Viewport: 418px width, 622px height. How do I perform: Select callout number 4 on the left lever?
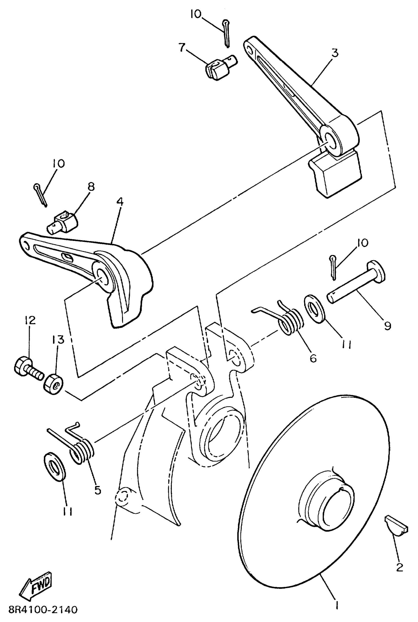[120, 202]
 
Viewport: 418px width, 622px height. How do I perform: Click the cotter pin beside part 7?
[226, 34]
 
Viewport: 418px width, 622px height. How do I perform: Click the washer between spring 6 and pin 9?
[314, 309]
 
